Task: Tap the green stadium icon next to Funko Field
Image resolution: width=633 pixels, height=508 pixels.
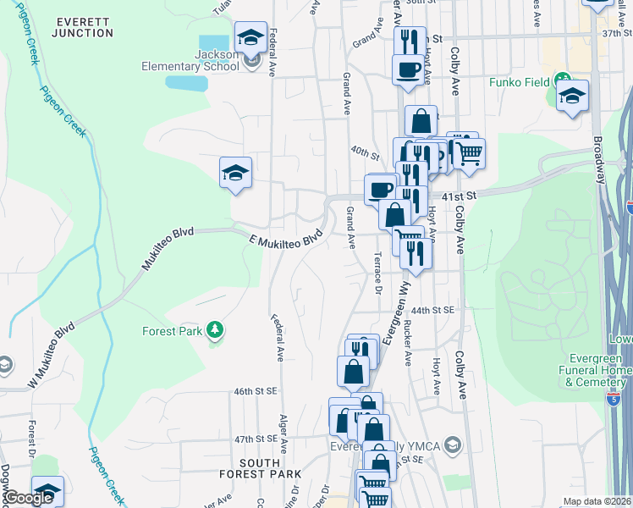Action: (x=560, y=83)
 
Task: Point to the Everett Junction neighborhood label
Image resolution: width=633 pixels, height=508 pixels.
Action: (x=81, y=26)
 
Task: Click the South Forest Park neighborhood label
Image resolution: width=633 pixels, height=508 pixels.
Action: (x=259, y=468)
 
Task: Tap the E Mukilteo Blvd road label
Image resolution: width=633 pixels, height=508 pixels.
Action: (x=287, y=237)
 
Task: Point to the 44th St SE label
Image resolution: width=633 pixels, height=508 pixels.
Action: (x=437, y=311)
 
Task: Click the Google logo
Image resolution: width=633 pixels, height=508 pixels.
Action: (x=29, y=498)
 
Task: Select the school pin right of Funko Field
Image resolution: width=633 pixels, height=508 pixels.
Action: (x=572, y=95)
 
